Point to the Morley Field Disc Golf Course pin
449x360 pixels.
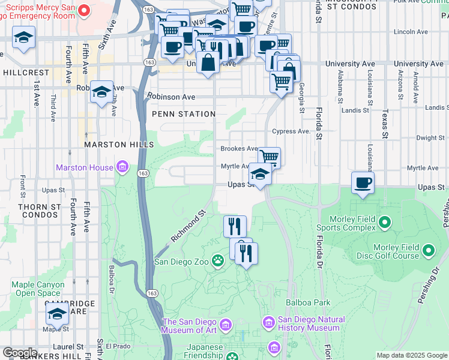(x=429, y=250)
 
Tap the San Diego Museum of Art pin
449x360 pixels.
(x=226, y=326)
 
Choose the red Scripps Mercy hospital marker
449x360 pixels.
(x=84, y=10)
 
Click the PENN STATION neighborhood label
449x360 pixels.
(x=184, y=114)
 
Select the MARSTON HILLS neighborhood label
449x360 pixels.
(x=119, y=145)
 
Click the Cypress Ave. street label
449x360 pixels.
(x=291, y=131)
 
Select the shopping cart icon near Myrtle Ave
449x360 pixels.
(x=270, y=157)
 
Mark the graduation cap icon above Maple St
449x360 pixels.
(x=57, y=312)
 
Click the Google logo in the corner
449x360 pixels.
(x=20, y=353)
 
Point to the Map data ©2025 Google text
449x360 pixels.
(x=411, y=355)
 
